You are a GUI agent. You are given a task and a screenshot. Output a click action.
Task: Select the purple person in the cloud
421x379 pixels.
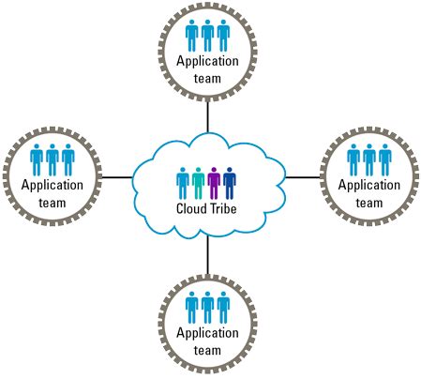tap(214, 181)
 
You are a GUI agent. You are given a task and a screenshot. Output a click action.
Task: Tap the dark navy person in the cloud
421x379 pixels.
tap(229, 181)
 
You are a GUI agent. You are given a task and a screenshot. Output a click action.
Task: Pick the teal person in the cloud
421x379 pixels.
tap(198, 181)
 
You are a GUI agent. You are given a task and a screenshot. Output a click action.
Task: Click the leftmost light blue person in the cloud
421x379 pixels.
tap(183, 181)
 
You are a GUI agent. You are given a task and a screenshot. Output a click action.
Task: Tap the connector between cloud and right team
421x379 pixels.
tap(301, 175)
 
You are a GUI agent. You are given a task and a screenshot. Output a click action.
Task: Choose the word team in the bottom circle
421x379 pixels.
tap(207, 351)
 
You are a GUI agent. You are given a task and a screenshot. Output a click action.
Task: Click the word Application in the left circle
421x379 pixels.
tap(52, 185)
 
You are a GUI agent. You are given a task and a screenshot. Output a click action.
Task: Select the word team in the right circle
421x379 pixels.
tap(368, 201)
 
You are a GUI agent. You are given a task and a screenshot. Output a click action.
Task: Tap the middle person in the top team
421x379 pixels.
tap(206, 36)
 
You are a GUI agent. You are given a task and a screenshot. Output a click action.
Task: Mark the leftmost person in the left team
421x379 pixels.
tap(37, 159)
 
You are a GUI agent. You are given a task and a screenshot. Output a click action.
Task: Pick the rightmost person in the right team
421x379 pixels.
tap(383, 159)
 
